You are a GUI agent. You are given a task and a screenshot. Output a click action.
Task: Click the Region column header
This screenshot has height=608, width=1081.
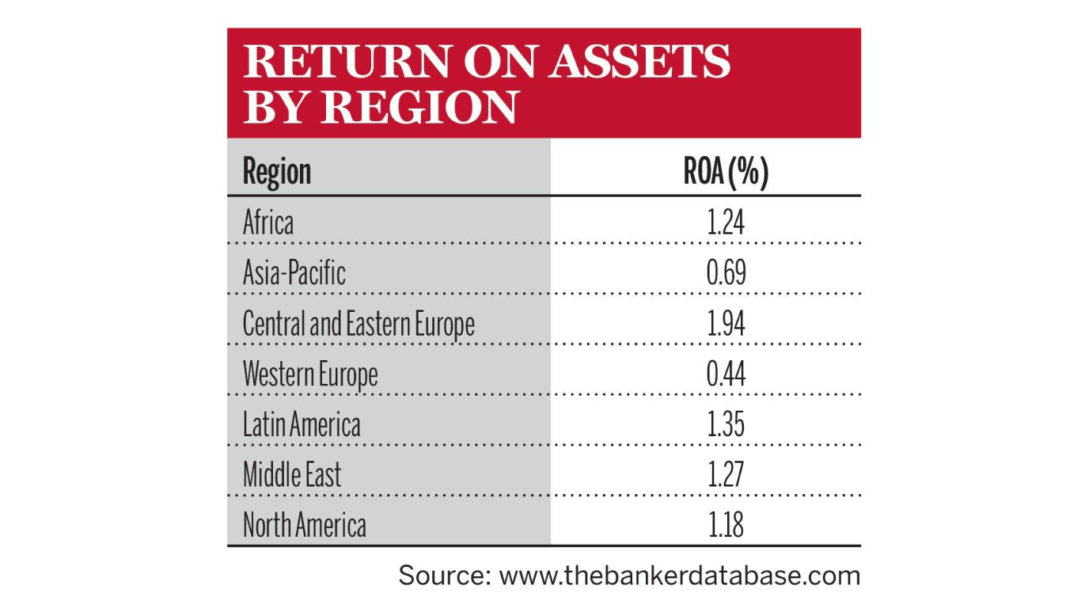277,172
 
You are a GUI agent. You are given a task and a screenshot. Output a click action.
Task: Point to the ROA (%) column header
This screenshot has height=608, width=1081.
726,172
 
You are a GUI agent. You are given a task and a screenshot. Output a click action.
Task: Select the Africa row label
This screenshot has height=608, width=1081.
267,222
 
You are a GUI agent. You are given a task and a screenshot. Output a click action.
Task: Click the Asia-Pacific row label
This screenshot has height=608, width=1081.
294,273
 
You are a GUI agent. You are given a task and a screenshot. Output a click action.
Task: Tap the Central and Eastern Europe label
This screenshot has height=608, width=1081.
358,324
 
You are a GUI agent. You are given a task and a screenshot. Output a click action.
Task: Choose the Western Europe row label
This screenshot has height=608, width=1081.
310,374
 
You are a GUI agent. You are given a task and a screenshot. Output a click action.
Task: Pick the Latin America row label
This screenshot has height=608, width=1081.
302,425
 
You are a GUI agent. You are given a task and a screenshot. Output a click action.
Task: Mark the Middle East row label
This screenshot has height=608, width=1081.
292,476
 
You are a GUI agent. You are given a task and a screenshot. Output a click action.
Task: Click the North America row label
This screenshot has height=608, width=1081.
305,526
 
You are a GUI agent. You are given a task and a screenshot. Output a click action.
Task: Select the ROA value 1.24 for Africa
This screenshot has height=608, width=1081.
726,222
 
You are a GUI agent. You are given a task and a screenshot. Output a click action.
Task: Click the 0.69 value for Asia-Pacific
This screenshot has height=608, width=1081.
726,273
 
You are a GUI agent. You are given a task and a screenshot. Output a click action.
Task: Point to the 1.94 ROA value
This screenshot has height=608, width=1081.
726,324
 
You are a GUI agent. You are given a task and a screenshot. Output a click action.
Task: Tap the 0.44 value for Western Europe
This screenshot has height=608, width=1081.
726,374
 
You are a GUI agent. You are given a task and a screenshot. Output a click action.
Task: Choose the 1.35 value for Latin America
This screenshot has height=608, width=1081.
726,425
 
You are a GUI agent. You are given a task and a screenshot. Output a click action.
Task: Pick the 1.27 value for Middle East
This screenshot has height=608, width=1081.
726,476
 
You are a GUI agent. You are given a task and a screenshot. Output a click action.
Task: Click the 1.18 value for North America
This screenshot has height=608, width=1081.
726,526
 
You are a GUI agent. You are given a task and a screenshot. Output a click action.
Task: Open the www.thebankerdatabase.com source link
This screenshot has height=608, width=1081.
679,576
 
